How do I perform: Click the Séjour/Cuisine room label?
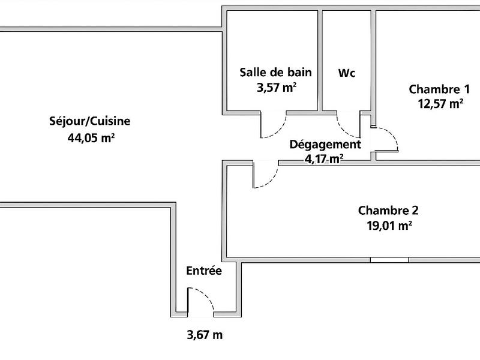pos(90,121)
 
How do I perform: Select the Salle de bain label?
pos(275,73)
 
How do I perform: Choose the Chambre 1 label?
pos(439,89)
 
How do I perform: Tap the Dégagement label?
pos(325,145)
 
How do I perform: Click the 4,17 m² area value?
pos(324,158)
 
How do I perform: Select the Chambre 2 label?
pos(388,211)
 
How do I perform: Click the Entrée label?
pos(204,271)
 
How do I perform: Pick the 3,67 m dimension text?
pos(204,335)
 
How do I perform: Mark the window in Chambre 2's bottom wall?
pos(389,260)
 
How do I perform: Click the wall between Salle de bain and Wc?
pos(320,60)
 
